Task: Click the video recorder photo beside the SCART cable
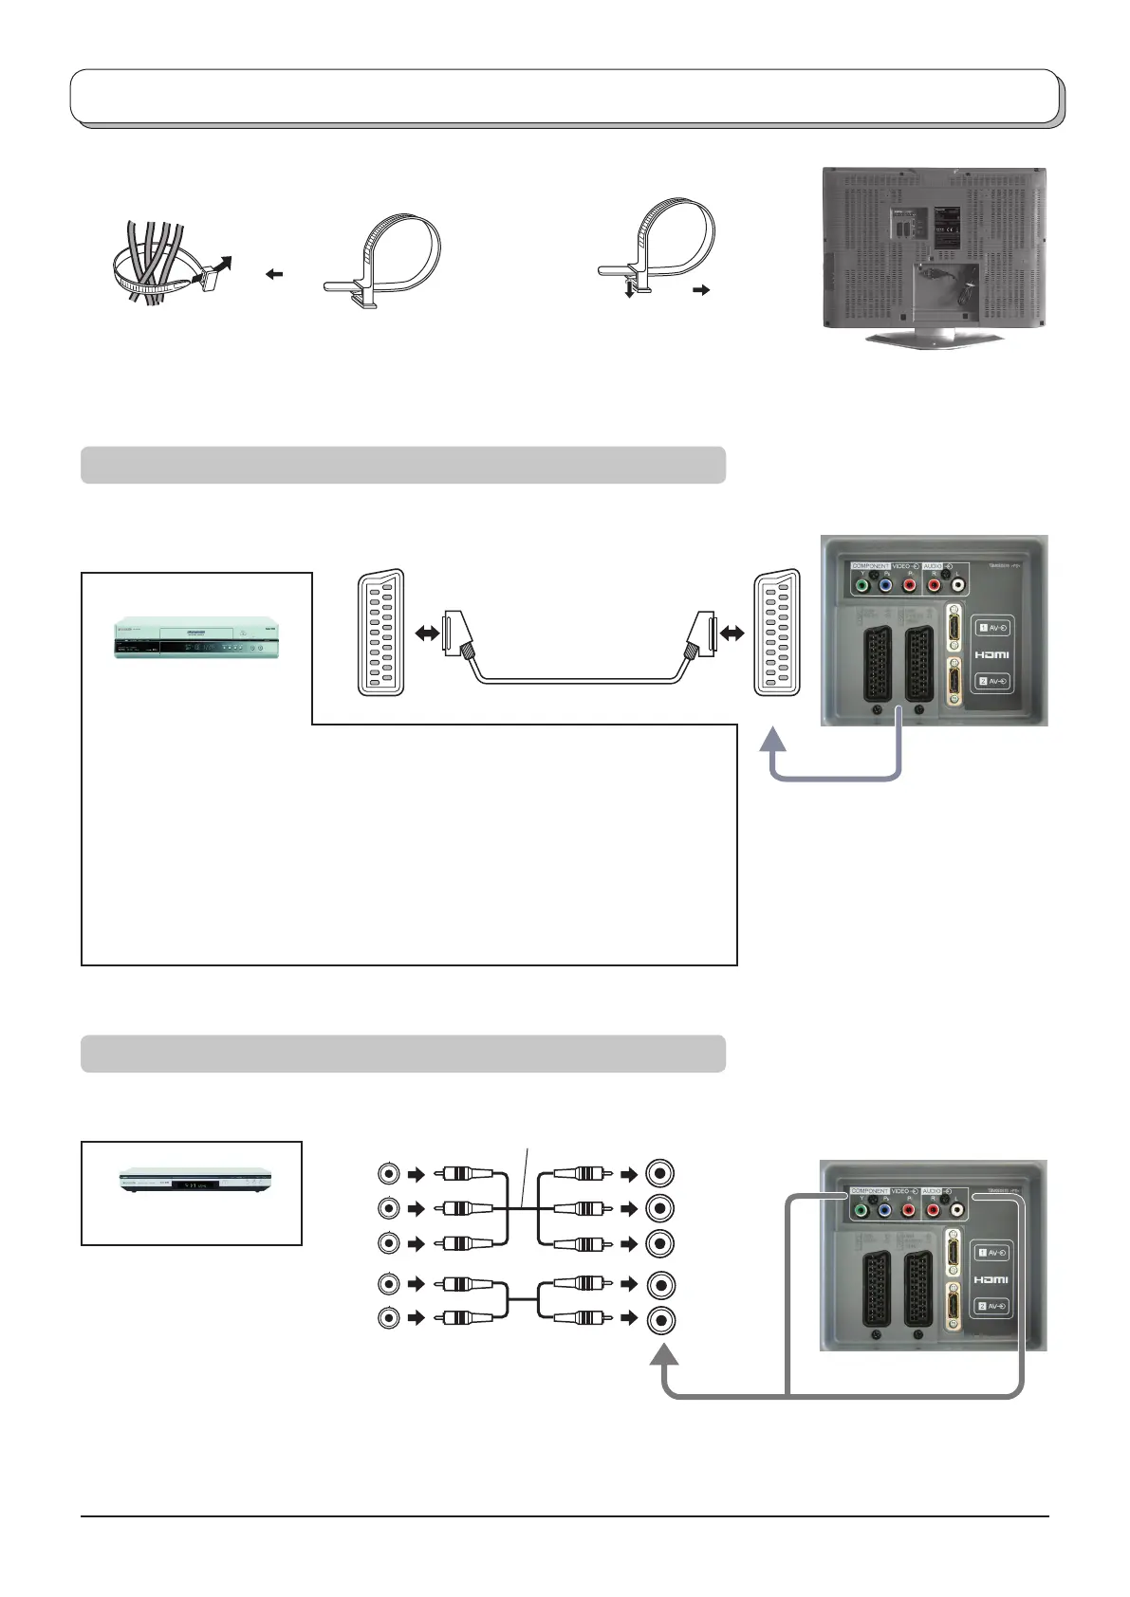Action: point(197,637)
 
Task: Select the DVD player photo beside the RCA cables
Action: point(195,1182)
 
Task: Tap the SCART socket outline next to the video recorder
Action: point(380,632)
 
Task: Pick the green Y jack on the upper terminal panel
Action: point(861,586)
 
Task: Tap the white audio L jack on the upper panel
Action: point(957,586)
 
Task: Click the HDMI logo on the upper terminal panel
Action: point(991,654)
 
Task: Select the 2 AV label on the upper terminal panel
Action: point(991,681)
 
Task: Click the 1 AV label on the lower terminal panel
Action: point(991,1253)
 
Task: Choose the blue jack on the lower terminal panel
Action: point(885,1210)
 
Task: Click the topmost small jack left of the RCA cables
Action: point(388,1173)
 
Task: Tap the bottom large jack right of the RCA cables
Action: point(661,1318)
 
